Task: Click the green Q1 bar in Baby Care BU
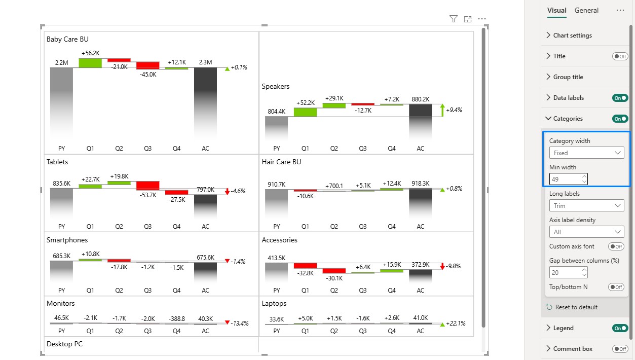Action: point(90,63)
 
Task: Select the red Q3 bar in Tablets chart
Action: point(147,186)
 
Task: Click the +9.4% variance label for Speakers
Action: point(454,110)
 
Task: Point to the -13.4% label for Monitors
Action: point(240,323)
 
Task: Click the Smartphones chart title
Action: point(67,240)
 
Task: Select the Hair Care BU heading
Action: point(281,162)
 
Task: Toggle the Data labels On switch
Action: point(620,98)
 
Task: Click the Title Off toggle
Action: point(620,56)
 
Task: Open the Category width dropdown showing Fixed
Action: point(586,153)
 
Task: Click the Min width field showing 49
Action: point(568,179)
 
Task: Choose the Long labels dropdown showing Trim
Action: point(586,206)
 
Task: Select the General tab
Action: point(586,11)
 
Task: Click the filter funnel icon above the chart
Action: point(453,19)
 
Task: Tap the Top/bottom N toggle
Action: point(616,287)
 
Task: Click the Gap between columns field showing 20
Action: point(568,273)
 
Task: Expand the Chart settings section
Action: point(572,35)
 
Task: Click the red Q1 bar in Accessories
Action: point(305,266)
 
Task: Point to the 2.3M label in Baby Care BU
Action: point(205,62)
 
